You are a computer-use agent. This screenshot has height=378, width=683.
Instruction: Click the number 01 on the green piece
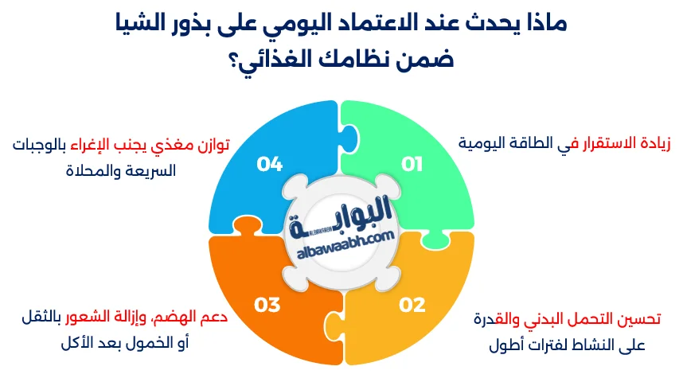pos(411,165)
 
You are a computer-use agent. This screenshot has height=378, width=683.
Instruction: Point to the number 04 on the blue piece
pos(270,165)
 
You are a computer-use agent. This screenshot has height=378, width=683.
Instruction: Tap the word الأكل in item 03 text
pos(79,345)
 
